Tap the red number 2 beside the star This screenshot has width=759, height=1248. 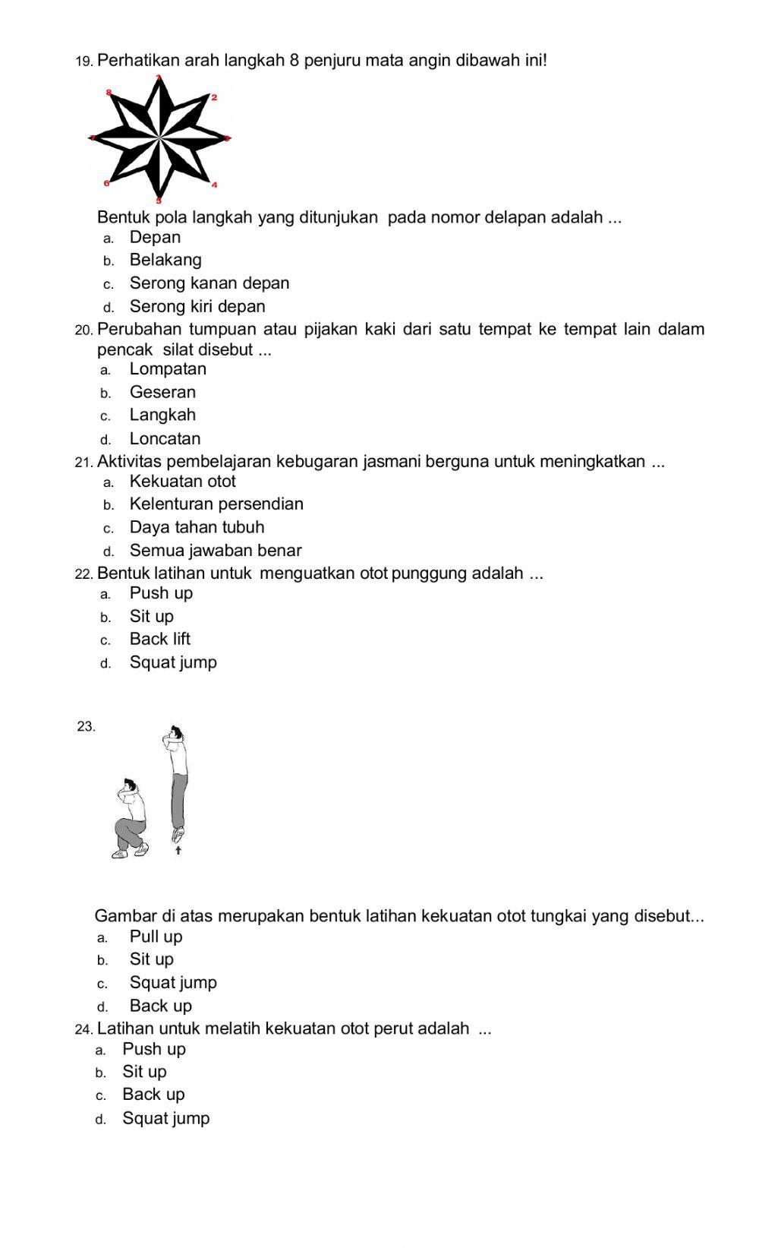coord(215,98)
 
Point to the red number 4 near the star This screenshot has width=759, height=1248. coord(215,185)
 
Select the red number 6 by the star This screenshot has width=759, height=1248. coord(106,184)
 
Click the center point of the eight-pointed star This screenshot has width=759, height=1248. coord(160,139)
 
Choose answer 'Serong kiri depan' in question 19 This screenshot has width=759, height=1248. coord(197,307)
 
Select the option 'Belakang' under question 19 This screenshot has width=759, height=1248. coord(165,261)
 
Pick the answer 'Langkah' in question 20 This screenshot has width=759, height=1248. coord(162,415)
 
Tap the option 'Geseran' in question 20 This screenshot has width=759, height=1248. coord(162,393)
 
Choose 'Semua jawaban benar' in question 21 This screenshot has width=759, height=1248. coord(216,551)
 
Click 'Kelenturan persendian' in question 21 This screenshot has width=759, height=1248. coord(216,504)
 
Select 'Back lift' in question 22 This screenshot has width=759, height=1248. coord(159,640)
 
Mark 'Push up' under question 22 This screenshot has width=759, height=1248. coord(161,593)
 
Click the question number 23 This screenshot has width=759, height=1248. coord(87,726)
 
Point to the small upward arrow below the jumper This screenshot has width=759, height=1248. coord(178,851)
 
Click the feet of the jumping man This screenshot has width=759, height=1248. coord(178,835)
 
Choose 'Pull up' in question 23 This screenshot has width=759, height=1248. coord(156,937)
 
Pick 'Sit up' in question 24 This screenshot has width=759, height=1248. coord(144,1072)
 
